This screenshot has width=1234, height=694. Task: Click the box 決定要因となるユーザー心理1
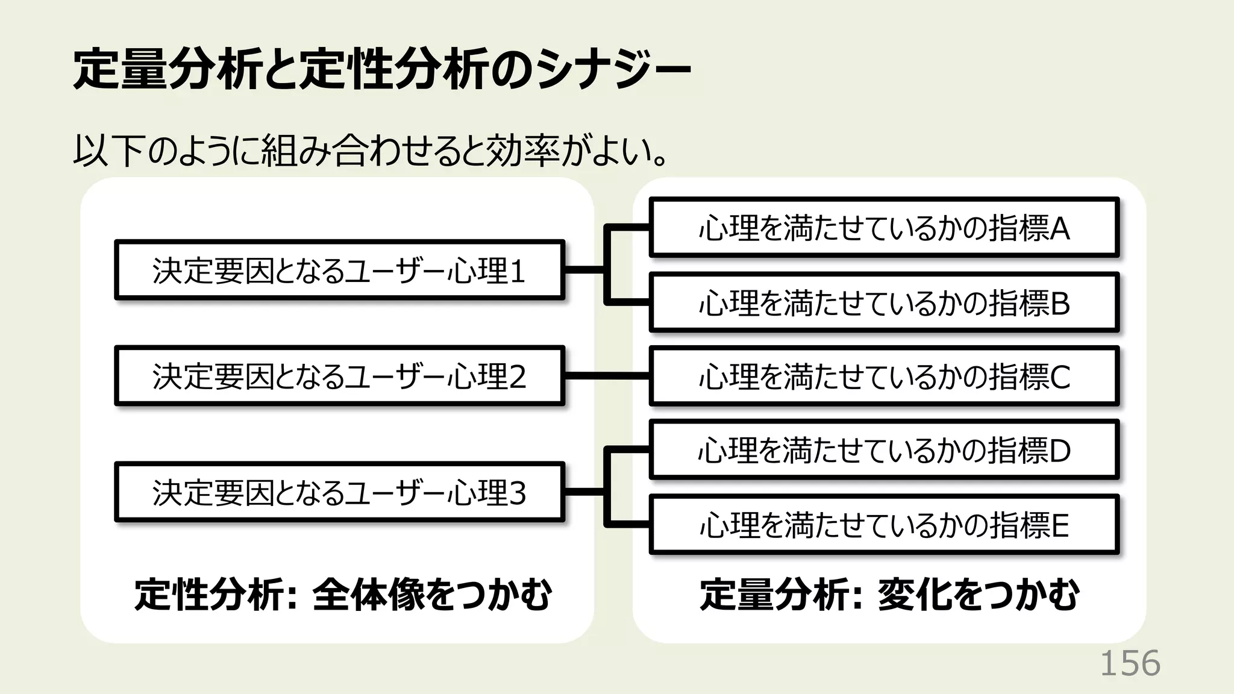(x=339, y=270)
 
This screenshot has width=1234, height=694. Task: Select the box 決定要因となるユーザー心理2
(x=339, y=376)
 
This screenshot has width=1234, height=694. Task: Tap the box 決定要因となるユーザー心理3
(x=339, y=492)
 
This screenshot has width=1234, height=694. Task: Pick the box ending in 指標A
(x=883, y=228)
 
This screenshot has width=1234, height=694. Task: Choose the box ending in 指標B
(x=883, y=302)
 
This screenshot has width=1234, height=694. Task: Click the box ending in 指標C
(x=883, y=377)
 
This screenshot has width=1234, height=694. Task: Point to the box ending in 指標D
(x=883, y=450)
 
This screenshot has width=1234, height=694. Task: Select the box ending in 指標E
(x=883, y=525)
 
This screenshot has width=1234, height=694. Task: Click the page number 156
(x=1130, y=663)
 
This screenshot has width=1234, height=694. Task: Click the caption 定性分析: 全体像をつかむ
(x=342, y=595)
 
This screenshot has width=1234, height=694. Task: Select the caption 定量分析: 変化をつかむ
(x=889, y=595)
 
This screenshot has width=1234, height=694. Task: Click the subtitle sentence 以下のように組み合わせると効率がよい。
(x=371, y=151)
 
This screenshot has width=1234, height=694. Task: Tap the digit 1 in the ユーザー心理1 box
(x=518, y=271)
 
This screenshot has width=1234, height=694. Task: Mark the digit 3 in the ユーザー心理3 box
(x=518, y=493)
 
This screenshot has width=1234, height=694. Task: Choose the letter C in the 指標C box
(x=1060, y=377)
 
